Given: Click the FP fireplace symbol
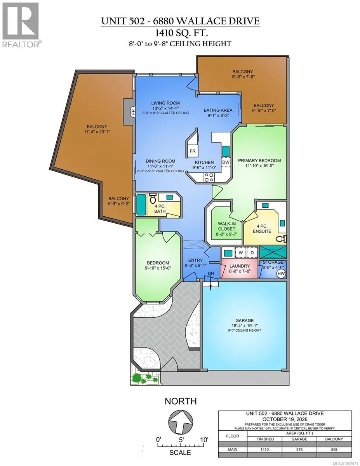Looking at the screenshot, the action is click(x=133, y=111).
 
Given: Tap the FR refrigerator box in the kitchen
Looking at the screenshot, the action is click(x=193, y=151).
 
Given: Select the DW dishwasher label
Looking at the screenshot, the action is click(x=226, y=162).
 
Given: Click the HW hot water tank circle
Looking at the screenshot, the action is click(x=281, y=273).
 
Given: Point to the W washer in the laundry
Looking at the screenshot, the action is click(x=241, y=253).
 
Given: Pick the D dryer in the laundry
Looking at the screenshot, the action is click(x=252, y=253).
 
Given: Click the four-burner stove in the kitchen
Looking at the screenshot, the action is click(x=209, y=177).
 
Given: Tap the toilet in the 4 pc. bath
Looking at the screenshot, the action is click(x=153, y=198).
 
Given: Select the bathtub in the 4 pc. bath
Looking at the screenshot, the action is click(x=141, y=205).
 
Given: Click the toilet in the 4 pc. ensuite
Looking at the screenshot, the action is click(x=282, y=239).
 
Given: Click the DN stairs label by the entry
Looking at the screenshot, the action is click(x=211, y=274).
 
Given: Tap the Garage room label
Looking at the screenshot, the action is click(x=244, y=321).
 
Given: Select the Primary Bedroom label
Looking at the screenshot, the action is click(x=259, y=160).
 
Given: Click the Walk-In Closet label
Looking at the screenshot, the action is click(x=227, y=226).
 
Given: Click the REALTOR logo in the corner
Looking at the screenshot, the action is click(x=21, y=24).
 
